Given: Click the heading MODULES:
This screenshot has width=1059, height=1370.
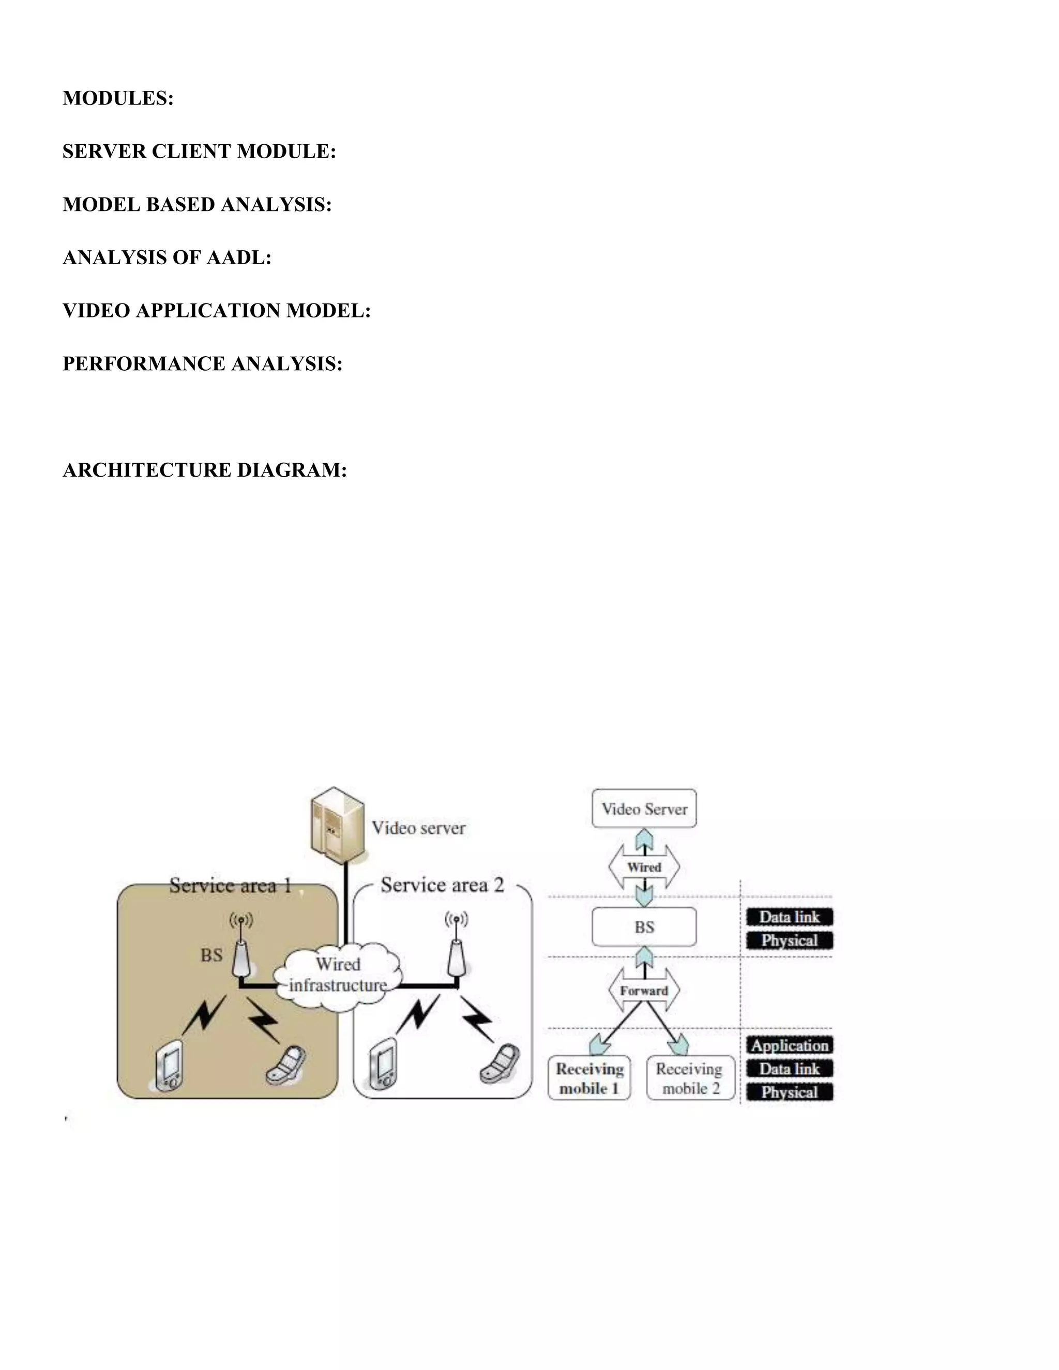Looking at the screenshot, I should [x=118, y=98].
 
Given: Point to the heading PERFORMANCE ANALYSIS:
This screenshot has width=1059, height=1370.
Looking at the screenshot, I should [x=202, y=364].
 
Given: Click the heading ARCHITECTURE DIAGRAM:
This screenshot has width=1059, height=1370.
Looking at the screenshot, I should [x=205, y=470].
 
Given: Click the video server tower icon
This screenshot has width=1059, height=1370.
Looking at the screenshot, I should [x=337, y=824].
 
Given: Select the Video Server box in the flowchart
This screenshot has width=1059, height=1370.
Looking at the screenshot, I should [x=644, y=809].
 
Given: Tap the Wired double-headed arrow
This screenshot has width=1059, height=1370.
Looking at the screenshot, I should [x=644, y=867].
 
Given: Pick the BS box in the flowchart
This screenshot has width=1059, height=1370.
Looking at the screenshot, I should [x=644, y=926].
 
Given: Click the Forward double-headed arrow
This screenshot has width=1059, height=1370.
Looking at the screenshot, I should [x=644, y=991].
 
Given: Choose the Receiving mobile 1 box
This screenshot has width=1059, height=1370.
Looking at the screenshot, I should [x=589, y=1078].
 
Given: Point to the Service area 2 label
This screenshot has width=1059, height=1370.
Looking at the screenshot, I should [x=442, y=885].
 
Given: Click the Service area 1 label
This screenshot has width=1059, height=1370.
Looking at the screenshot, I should [x=230, y=886].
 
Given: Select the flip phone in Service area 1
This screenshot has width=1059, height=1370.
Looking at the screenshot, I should [x=286, y=1064].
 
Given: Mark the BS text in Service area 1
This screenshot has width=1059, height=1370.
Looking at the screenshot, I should [x=211, y=955].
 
